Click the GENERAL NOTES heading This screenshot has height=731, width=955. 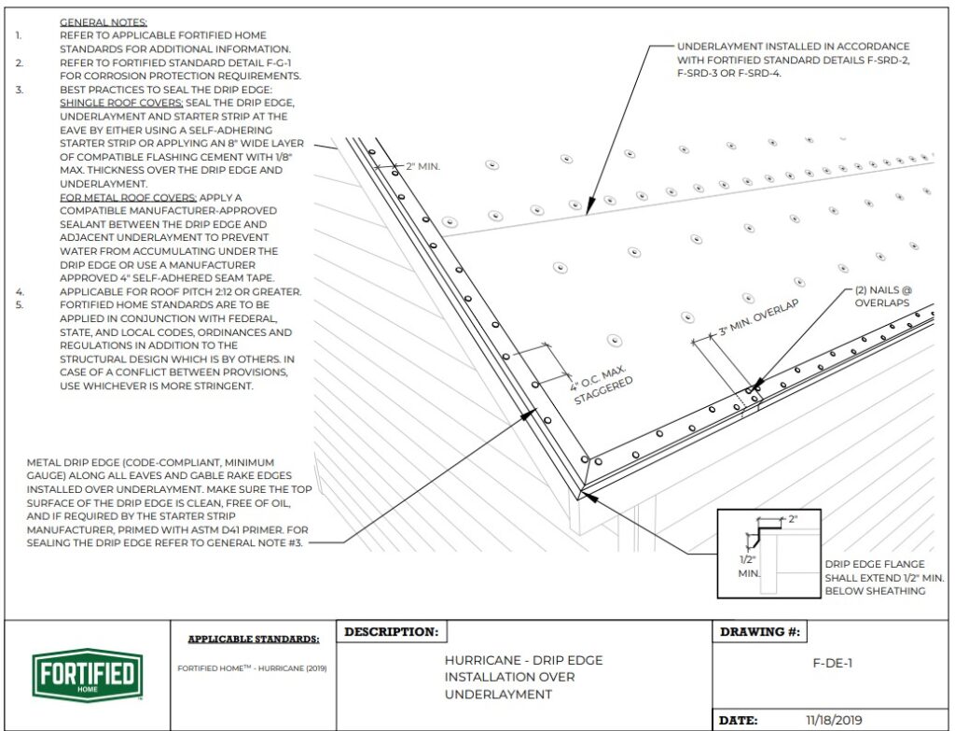click(x=103, y=21)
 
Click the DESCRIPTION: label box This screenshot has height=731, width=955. click(x=391, y=632)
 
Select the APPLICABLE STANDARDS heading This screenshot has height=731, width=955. click(x=253, y=640)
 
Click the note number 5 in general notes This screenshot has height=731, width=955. click(x=20, y=305)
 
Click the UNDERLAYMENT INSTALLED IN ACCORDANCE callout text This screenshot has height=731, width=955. click(x=793, y=46)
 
